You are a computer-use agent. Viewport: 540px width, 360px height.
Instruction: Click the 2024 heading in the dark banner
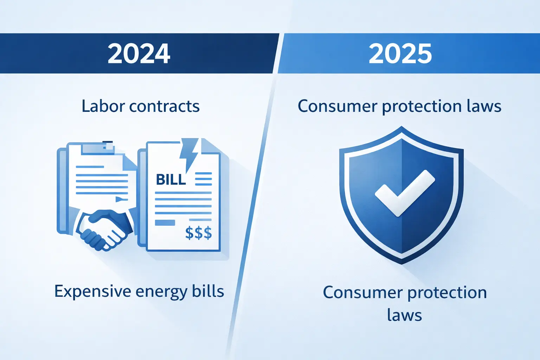tap(139, 53)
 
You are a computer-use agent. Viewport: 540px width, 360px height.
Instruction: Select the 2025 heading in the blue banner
tap(400, 53)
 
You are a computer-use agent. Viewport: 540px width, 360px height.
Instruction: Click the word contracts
tap(165, 107)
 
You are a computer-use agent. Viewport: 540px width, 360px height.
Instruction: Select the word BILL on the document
tap(171, 179)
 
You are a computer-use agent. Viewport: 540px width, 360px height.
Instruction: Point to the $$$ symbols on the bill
tap(198, 233)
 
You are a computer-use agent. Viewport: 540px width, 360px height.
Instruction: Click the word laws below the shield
tap(405, 315)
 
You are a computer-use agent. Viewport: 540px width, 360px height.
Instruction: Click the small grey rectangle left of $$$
tap(165, 223)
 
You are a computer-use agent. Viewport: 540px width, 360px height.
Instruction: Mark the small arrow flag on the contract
tap(122, 199)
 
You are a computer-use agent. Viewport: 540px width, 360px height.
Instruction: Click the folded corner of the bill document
tap(210, 146)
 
